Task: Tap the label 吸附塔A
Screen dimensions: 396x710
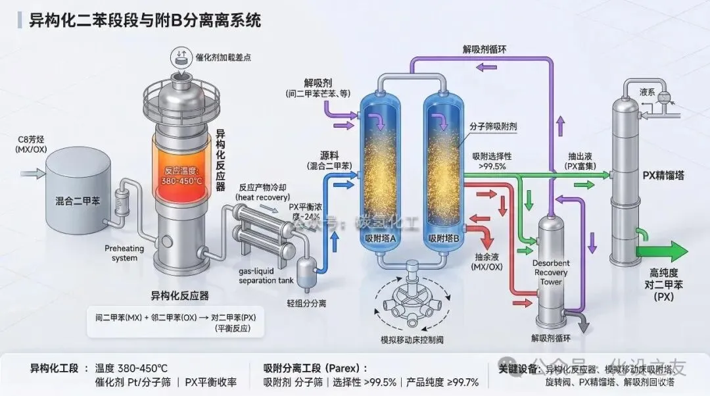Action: (379, 238)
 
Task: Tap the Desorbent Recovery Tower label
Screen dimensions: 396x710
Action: (550, 272)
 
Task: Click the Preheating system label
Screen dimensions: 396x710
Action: (121, 253)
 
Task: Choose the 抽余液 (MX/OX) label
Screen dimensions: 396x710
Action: (487, 262)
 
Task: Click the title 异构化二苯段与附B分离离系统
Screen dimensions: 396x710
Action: (145, 20)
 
